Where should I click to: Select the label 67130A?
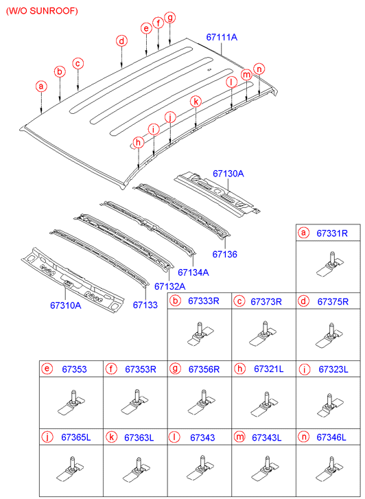[227, 174]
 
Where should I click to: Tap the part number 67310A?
[65, 305]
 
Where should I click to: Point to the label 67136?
[224, 254]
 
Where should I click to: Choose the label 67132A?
[169, 286]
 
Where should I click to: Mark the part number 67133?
[145, 305]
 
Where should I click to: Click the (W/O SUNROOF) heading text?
[42, 11]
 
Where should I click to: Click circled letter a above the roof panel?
[41, 86]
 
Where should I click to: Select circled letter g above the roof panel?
[170, 18]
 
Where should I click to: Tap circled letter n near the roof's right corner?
[259, 69]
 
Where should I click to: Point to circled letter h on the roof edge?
[139, 142]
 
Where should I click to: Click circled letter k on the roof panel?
[196, 102]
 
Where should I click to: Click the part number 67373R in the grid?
[264, 301]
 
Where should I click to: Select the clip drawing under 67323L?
[327, 404]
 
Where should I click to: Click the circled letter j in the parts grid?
[47, 437]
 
